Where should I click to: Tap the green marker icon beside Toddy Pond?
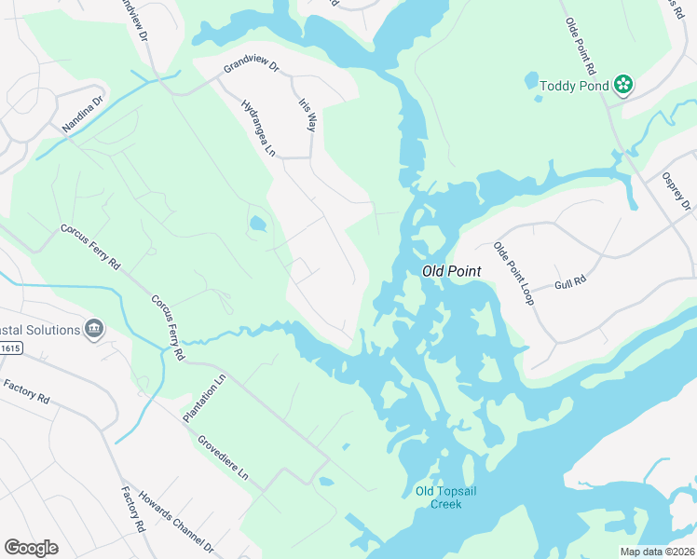[623, 87]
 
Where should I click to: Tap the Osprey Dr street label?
[675, 192]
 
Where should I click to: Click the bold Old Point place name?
[451, 270]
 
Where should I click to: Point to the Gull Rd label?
[569, 281]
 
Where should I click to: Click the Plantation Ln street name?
[206, 399]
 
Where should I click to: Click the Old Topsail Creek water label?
[438, 498]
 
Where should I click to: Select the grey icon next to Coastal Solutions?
[93, 328]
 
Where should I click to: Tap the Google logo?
[31, 548]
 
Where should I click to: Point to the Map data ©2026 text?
[657, 552]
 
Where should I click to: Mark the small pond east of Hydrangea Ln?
[256, 224]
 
